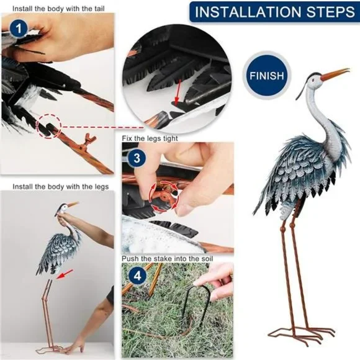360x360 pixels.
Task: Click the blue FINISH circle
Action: pos(266,76)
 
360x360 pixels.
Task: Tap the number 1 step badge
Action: pos(19,29)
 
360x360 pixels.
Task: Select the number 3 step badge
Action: pos(137,158)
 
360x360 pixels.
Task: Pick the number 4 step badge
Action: pos(137,276)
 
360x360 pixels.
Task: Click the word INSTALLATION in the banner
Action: pos(248,12)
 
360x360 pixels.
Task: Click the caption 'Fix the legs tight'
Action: pos(150,138)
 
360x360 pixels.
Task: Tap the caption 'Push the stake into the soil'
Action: pos(168,259)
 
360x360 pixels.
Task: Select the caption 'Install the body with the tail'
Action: pos(58,9)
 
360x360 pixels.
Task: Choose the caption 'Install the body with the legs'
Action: pos(61,186)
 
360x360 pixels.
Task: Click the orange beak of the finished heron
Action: pos(335,74)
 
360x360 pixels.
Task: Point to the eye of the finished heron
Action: pos(313,80)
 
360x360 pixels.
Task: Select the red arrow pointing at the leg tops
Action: pos(65,274)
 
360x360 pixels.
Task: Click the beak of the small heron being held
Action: pos(73,204)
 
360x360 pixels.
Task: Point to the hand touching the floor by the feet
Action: pos(73,345)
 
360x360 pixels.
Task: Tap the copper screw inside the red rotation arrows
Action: pos(164,195)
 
